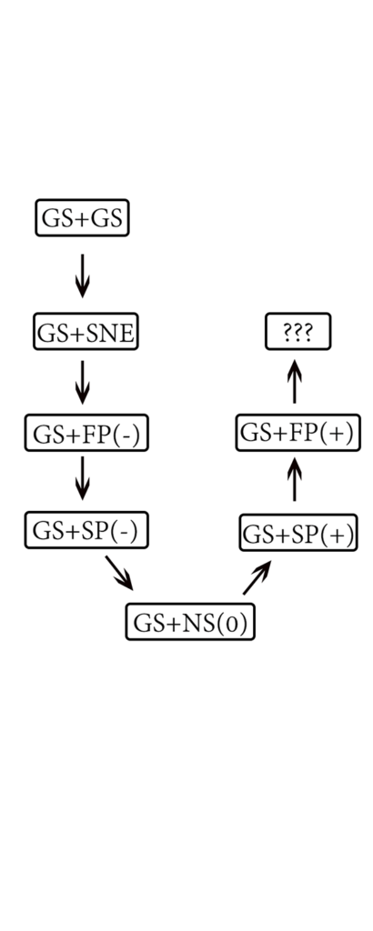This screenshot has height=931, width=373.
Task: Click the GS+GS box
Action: coord(82,218)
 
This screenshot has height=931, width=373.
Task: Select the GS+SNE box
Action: coord(86,334)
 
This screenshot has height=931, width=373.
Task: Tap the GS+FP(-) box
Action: coord(86,434)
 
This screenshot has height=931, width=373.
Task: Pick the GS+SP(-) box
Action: coord(86,530)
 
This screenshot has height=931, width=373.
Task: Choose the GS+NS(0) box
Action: coord(190,623)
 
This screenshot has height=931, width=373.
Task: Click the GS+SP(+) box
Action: coord(297,533)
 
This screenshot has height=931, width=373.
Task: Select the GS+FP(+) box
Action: coord(295,433)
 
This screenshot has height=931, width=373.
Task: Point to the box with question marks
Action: coord(297,333)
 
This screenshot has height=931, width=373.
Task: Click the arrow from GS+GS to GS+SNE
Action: coord(82,275)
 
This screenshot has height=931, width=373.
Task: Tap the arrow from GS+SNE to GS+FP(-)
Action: coord(82,382)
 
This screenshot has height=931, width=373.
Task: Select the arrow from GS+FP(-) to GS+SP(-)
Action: coord(82,477)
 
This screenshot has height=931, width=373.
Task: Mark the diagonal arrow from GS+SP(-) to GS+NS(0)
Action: coord(119,573)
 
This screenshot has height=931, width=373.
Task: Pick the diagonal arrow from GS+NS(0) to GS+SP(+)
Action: coord(257,577)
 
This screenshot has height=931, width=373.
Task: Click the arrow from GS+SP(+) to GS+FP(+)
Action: coord(295,478)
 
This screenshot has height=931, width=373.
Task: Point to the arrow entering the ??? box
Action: coord(295,380)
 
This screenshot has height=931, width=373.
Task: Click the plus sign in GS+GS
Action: coord(82,219)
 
